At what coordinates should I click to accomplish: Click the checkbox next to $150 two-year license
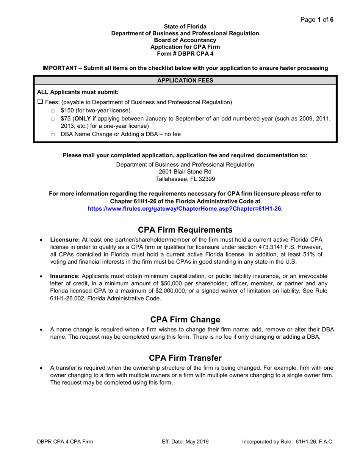click(53, 111)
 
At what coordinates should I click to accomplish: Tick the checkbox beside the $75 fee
click(53, 119)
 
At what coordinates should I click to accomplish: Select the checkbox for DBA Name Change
click(53, 135)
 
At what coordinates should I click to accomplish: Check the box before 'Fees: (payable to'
click(40, 102)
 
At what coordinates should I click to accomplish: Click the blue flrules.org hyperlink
click(185, 208)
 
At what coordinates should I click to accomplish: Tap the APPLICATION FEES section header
click(185, 80)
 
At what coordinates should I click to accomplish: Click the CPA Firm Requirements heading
click(185, 230)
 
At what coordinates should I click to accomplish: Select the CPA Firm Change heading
click(185, 319)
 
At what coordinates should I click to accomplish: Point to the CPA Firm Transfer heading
click(185, 358)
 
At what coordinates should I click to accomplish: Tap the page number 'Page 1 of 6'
click(317, 20)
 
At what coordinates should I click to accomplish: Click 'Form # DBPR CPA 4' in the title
click(185, 54)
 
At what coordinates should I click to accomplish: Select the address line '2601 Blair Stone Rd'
click(185, 172)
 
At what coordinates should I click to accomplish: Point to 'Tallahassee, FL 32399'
click(185, 179)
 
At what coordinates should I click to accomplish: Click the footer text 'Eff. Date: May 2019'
click(185, 442)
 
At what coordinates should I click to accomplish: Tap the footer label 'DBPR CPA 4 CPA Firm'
click(65, 442)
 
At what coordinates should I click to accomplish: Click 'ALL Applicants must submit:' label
click(78, 92)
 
